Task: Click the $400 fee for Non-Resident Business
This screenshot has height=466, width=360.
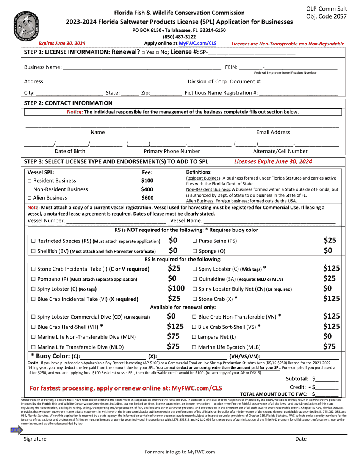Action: point(147,189)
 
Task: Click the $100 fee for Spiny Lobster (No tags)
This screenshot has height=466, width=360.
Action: point(176,289)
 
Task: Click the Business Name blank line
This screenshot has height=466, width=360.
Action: point(142,67)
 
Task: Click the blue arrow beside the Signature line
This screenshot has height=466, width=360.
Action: point(17,430)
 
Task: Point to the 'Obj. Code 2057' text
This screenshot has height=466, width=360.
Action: point(326,16)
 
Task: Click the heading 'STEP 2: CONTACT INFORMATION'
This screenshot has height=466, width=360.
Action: point(68,103)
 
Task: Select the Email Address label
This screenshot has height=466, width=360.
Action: point(273,132)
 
